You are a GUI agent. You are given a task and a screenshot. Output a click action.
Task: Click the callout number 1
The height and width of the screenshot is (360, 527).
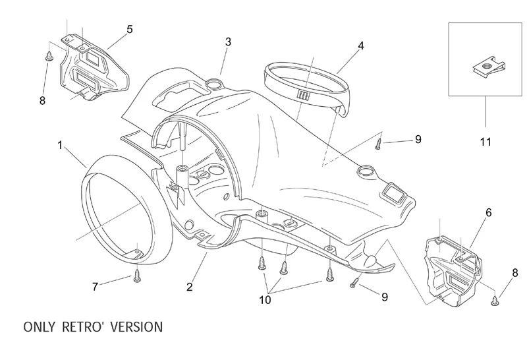61,145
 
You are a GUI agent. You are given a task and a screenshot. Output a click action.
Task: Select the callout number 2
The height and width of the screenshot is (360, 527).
190,287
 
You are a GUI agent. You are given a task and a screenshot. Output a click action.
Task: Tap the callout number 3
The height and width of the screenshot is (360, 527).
228,42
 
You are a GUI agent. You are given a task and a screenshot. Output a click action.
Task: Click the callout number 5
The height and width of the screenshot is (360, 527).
130,29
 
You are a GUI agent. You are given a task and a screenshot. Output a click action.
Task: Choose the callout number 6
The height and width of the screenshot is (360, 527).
488,212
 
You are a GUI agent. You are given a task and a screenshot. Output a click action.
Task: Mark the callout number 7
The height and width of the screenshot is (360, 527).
95,287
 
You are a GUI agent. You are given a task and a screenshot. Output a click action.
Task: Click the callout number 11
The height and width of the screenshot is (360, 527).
484,141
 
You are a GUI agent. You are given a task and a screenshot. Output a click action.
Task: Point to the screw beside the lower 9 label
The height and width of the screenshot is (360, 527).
356,282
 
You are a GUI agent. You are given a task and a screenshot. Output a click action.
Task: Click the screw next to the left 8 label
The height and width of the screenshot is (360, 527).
49,58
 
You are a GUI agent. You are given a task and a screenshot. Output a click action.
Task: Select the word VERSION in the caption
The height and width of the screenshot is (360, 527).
135,326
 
